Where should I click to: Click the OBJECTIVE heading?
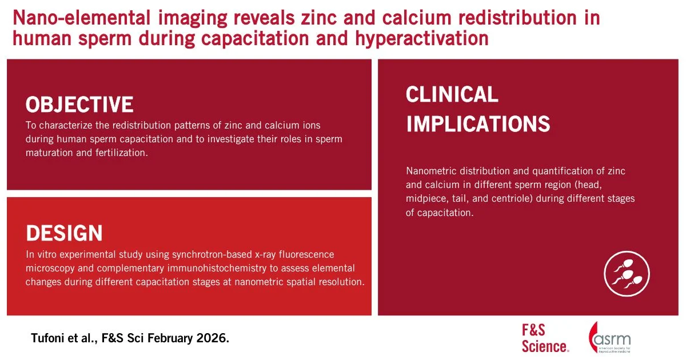[79, 105]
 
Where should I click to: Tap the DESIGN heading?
[64, 233]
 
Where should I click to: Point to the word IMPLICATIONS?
[478, 124]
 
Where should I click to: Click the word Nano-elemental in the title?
[82, 18]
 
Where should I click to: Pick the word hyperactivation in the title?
[422, 39]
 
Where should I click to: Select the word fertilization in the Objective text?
[122, 153]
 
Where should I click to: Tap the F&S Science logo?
[545, 338]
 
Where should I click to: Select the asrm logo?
[609, 338]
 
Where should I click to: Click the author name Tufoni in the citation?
[46, 338]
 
